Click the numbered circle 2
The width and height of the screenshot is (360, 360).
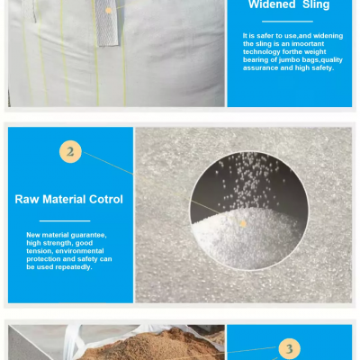[x=70, y=152]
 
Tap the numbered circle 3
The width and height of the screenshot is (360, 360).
[x=289, y=349]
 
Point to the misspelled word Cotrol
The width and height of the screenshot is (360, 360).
[x=106, y=199]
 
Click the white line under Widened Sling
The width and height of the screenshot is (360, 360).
[x=287, y=22]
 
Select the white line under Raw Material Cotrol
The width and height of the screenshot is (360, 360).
[x=65, y=220]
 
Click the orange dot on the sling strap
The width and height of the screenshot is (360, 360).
[x=109, y=11]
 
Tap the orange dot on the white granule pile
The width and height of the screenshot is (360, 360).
[x=243, y=223]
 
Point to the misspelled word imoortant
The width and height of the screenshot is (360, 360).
[x=308, y=44]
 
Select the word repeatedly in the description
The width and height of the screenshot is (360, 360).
[x=74, y=267]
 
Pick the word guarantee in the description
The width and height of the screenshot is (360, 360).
[x=88, y=235]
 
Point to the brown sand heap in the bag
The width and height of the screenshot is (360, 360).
[x=151, y=345]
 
